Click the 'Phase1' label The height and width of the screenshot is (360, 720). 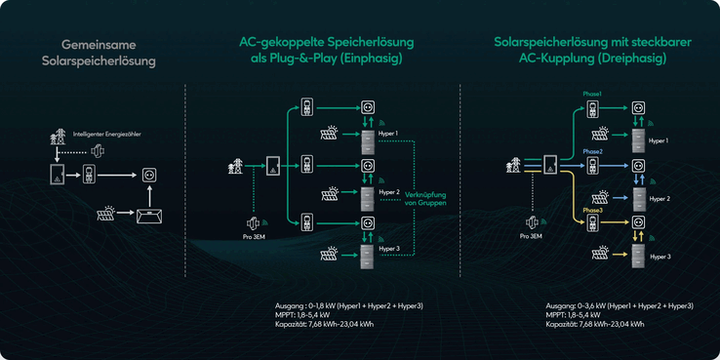(x=592, y=94)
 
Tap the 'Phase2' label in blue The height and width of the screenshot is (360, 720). (x=593, y=153)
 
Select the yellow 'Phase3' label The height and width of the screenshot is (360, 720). (x=593, y=210)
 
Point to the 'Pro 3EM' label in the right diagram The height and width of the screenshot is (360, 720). (x=532, y=237)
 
